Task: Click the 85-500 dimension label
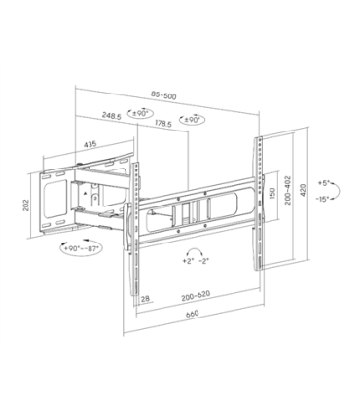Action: click(x=164, y=94)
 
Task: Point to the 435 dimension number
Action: click(x=90, y=144)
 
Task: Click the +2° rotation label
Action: click(x=182, y=263)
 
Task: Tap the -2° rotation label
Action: click(x=202, y=263)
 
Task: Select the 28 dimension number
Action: click(x=144, y=297)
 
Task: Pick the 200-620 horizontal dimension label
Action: click(x=199, y=298)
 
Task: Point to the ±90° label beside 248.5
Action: click(x=139, y=115)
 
